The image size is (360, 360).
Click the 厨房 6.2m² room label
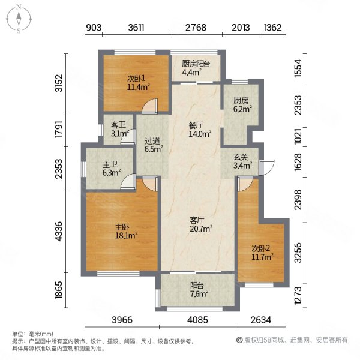coord(242,105)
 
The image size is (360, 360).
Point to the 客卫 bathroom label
coord(119,129)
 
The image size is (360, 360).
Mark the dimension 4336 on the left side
coord(58,231)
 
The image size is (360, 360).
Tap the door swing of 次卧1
coord(149,106)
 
